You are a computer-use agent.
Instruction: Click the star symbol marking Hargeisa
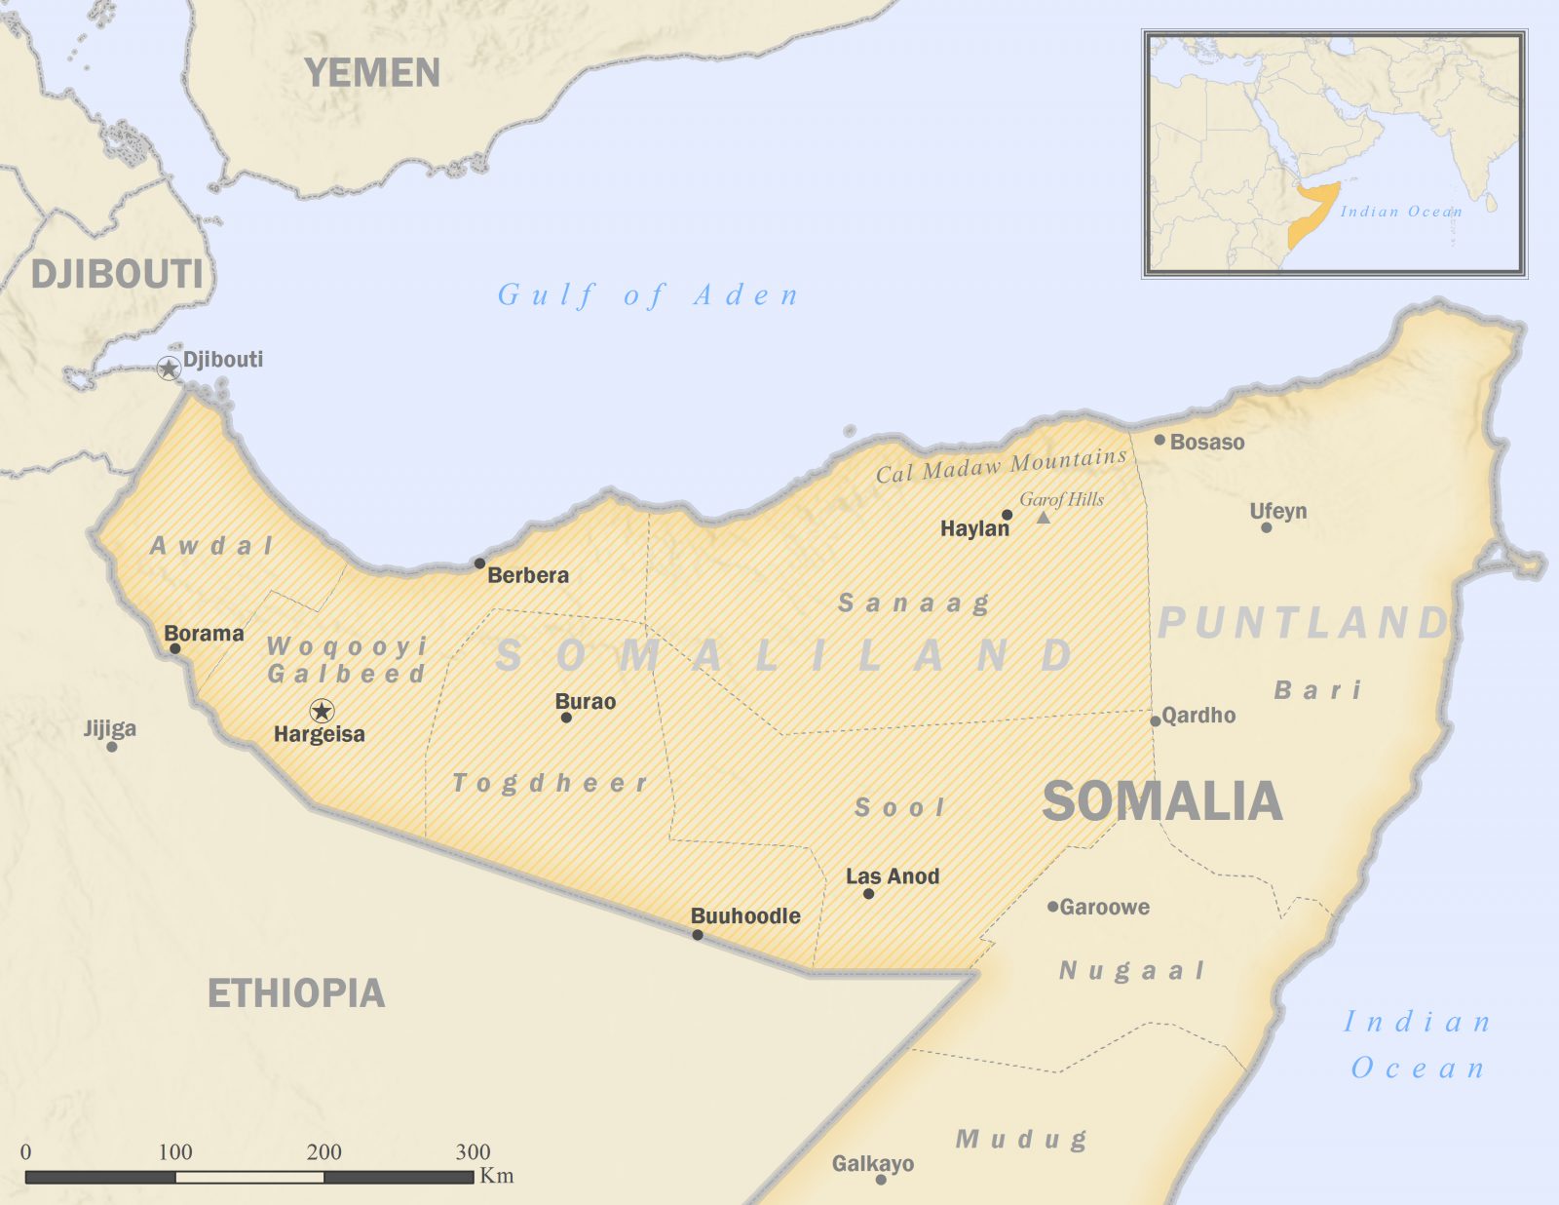[322, 711]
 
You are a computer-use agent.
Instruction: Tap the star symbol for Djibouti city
[169, 368]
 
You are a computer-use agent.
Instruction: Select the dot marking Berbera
[479, 564]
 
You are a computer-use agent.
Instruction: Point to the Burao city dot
[566, 718]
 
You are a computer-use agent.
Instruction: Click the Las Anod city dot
[868, 893]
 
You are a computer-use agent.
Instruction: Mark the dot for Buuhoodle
[698, 935]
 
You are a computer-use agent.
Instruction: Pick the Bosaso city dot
[1160, 440]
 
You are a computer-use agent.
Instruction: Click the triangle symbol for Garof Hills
[1043, 518]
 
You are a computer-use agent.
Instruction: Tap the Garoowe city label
[1104, 907]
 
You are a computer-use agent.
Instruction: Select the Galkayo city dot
[881, 1180]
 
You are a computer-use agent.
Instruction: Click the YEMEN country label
[372, 73]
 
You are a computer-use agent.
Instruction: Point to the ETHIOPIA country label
[296, 993]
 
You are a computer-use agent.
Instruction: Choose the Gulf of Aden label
[648, 294]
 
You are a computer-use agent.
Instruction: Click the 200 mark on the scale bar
[323, 1151]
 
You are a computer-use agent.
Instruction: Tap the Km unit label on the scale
[496, 1176]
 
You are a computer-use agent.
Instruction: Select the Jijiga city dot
[112, 747]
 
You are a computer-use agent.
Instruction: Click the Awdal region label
[211, 546]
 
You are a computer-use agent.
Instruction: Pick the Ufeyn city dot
[1266, 527]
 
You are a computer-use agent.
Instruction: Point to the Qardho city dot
[1155, 721]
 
